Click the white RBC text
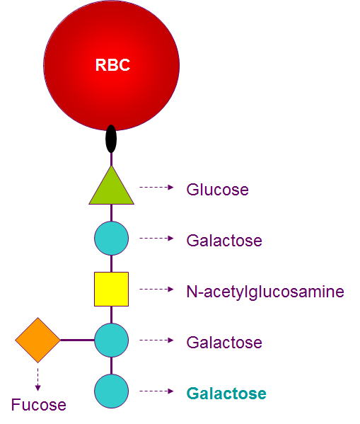point(113,66)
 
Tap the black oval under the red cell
point(111,139)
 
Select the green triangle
point(112,190)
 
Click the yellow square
point(111,289)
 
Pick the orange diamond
point(38,340)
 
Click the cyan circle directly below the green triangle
point(111,239)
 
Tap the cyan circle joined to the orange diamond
point(111,340)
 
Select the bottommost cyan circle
point(111,391)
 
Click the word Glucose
point(217,190)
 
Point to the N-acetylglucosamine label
point(265,291)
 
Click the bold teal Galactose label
point(226,394)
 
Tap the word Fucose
point(38,406)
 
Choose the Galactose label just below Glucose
point(224,241)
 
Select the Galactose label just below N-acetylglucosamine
point(224,343)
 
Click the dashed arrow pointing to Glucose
point(156,188)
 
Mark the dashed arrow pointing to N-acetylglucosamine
point(156,289)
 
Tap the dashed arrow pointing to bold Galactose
point(156,391)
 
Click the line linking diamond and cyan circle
point(77,340)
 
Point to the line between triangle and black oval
point(111,159)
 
